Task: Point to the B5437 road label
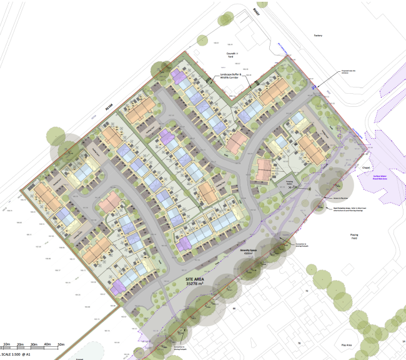click(x=255, y=12)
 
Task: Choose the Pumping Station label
click(x=289, y=183)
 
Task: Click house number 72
click(x=307, y=291)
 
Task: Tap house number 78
click(x=299, y=343)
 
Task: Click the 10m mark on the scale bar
click(x=7, y=345)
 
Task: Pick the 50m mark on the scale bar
click(x=61, y=345)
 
